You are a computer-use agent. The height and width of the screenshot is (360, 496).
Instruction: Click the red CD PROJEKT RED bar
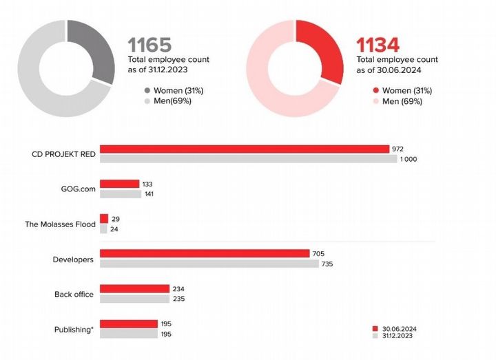(x=245, y=149)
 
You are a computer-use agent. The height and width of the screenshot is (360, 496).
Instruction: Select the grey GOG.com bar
(x=121, y=194)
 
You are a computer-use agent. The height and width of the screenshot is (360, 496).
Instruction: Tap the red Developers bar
(x=205, y=254)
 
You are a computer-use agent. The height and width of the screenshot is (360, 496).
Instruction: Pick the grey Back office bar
(x=134, y=299)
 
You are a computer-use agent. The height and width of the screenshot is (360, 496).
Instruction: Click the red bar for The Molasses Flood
(x=104, y=218)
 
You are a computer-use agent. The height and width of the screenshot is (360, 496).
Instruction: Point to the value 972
(x=397, y=149)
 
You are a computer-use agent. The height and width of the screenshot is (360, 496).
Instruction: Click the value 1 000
(x=409, y=160)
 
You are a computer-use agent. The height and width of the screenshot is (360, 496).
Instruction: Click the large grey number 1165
(x=149, y=45)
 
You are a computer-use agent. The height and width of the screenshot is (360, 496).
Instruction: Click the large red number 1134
(x=378, y=45)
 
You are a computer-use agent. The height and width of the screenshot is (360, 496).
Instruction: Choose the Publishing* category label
(x=74, y=330)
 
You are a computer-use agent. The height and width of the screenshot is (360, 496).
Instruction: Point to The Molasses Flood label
(x=59, y=224)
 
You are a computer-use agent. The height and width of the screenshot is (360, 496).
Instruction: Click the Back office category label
(x=74, y=295)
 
